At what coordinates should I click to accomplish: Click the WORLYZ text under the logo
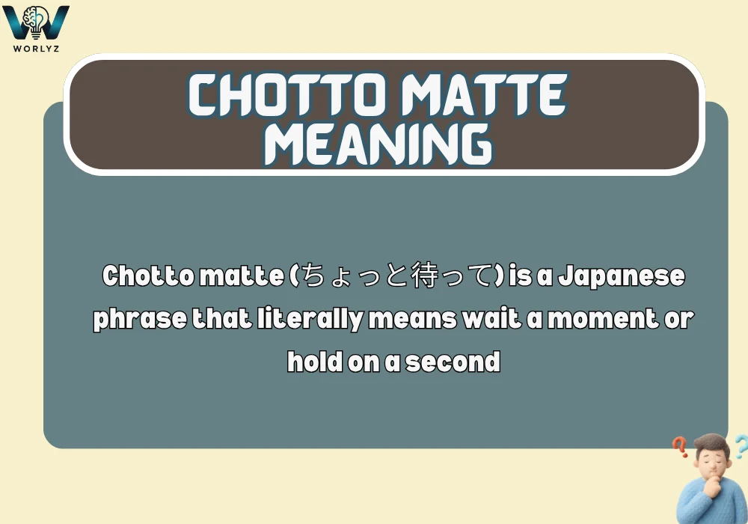[36, 47]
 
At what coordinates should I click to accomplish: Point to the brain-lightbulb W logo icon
[36, 22]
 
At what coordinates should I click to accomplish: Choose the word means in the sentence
[411, 320]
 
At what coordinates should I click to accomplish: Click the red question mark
[680, 448]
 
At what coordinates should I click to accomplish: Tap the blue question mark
[739, 447]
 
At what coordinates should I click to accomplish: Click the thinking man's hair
[711, 446]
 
